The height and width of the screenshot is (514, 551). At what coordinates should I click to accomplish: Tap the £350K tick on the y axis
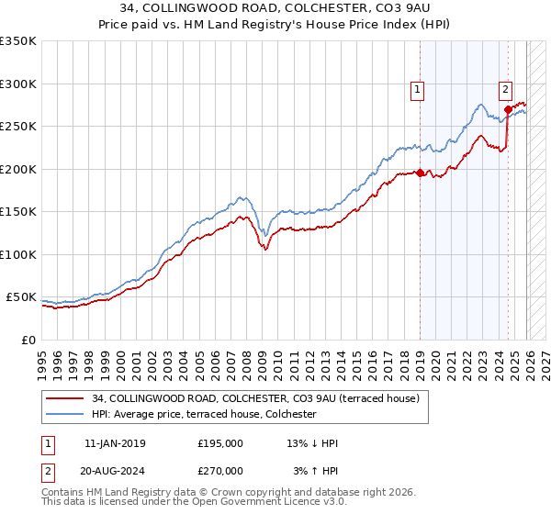tap(18, 41)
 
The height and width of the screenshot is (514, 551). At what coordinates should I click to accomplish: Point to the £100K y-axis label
tap(18, 254)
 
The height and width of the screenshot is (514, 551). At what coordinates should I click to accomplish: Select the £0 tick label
tap(28, 340)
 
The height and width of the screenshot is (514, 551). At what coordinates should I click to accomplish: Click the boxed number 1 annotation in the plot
tap(418, 89)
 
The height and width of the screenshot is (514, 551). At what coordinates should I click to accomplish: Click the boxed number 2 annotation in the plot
tap(505, 89)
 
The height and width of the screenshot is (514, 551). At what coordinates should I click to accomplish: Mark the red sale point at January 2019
tap(420, 173)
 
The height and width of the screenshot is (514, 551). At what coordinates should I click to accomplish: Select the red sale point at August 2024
tap(508, 109)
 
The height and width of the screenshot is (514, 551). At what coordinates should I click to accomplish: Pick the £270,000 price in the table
tap(220, 470)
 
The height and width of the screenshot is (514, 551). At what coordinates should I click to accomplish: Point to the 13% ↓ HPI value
tap(312, 443)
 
